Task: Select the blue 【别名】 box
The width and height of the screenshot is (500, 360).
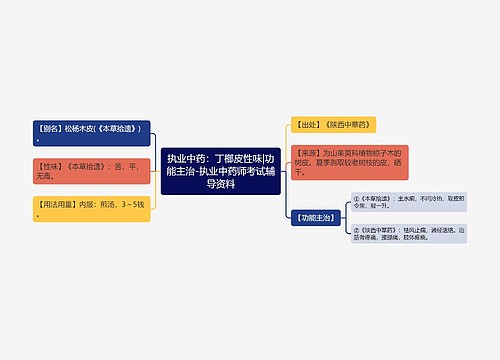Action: (93, 134)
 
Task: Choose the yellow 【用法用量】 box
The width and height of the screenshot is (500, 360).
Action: (93, 209)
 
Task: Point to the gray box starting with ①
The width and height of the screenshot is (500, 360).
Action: (409, 203)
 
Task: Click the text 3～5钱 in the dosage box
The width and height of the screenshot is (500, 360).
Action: (131, 203)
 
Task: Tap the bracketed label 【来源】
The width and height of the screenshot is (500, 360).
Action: (306, 152)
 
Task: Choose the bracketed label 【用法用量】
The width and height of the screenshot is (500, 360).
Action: (56, 203)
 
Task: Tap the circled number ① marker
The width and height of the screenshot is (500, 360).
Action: (357, 198)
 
